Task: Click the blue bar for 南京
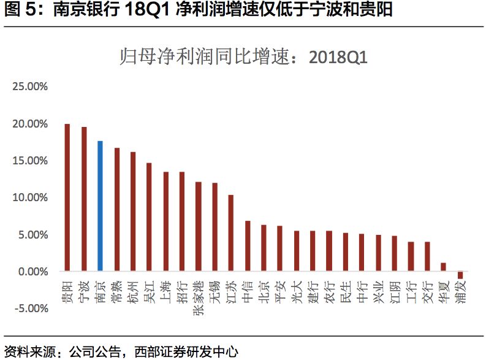(x=100, y=206)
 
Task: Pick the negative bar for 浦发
(x=460, y=274)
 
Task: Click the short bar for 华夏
(x=444, y=267)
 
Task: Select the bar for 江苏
(x=230, y=233)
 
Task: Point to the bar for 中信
(x=247, y=246)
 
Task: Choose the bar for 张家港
(x=198, y=226)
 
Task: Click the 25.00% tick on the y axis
(x=30, y=86)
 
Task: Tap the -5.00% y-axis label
(x=31, y=308)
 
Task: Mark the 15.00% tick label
(x=30, y=161)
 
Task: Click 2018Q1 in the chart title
(x=338, y=58)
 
